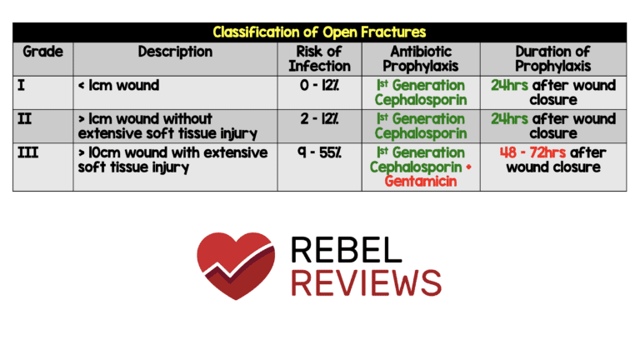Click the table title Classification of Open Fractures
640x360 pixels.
[319, 32]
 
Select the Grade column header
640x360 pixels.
[42, 52]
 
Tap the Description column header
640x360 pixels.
[175, 52]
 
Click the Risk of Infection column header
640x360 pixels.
[319, 58]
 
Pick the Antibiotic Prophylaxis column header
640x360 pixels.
[420, 58]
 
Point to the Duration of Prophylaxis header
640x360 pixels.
[553, 58]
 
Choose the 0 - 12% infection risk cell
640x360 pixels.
[319, 85]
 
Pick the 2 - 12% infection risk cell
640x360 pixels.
[319, 118]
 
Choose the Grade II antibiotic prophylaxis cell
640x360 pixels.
[420, 125]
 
